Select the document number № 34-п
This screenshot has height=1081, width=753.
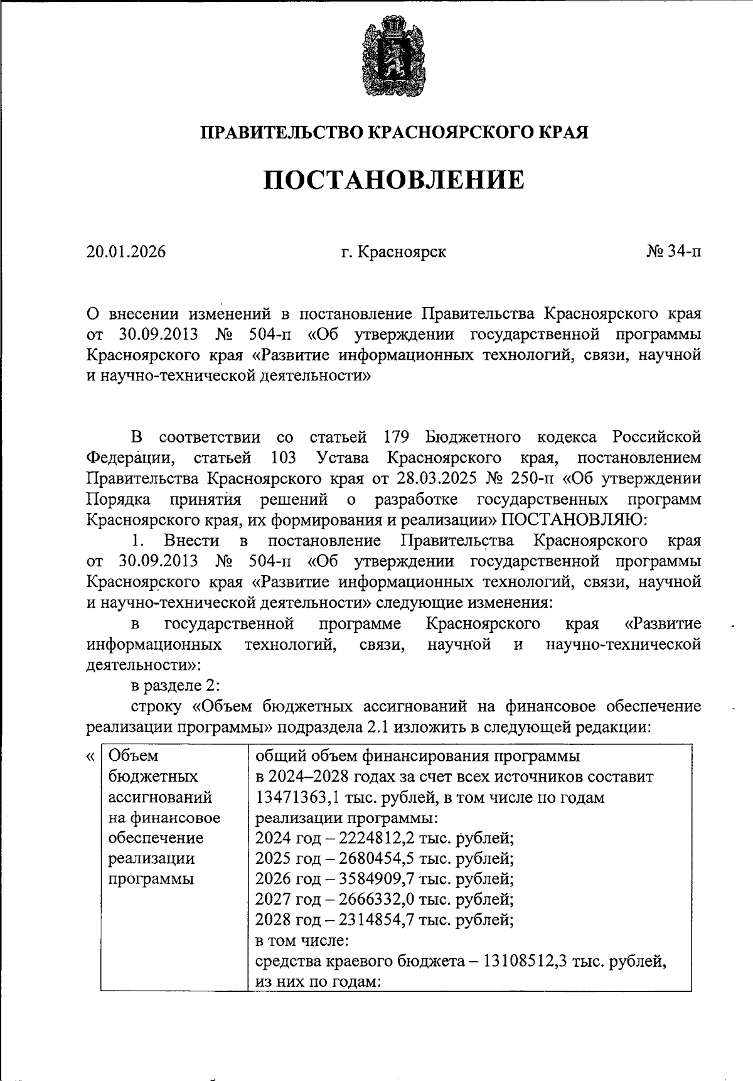673,252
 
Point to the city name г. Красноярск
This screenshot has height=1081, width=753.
393,252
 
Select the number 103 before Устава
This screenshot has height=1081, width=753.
284,458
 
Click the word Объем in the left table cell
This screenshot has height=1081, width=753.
133,756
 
